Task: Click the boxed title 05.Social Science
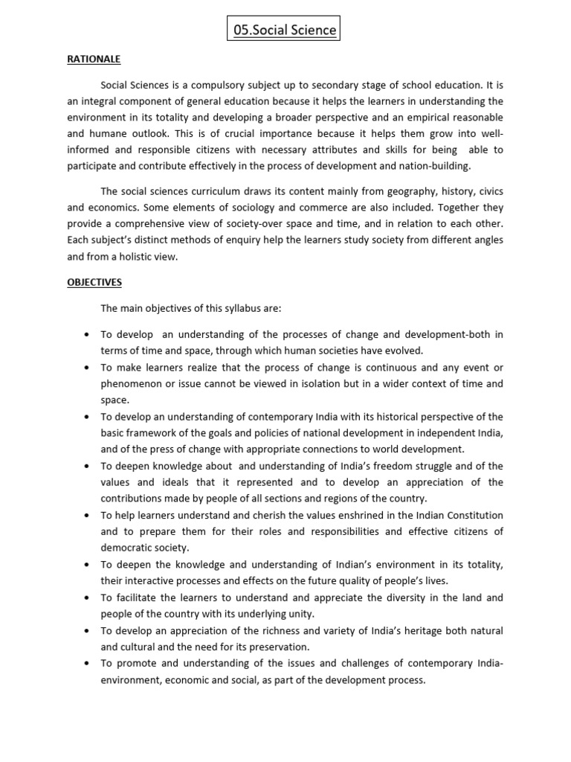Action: pos(283,31)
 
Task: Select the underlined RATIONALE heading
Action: pos(94,59)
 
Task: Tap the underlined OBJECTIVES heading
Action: pos(94,282)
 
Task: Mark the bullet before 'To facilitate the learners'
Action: pos(88,598)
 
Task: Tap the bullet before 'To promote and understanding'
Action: pos(88,663)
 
